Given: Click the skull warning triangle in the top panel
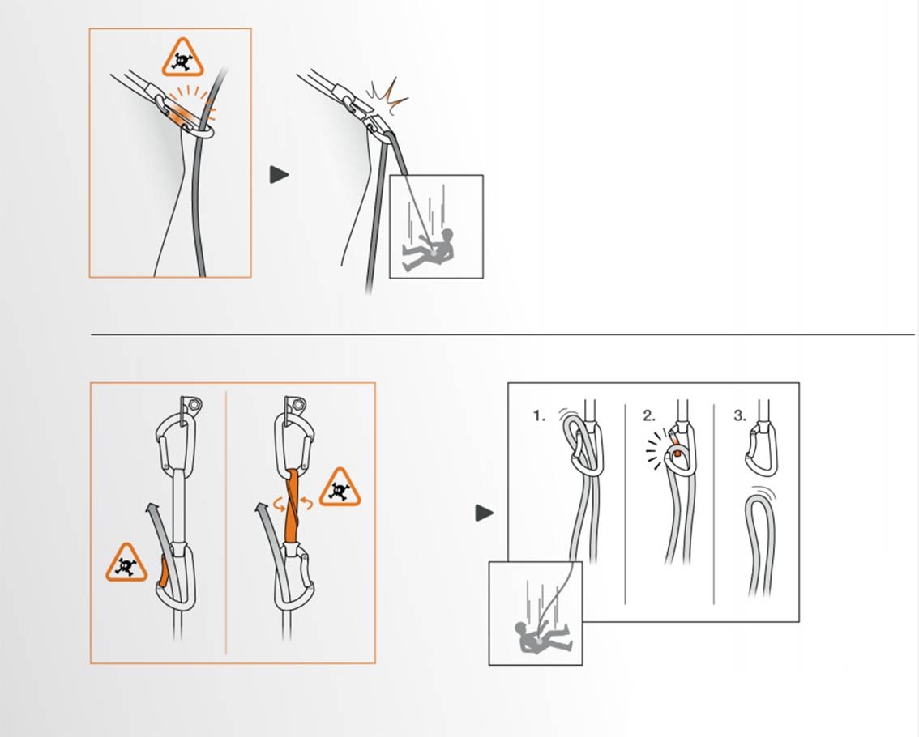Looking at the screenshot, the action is click(x=183, y=58).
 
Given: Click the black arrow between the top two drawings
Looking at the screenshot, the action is click(x=279, y=175).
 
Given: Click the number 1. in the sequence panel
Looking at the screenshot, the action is click(x=539, y=416).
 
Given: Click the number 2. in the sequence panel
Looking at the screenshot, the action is click(x=649, y=416).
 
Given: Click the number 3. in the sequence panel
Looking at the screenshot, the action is click(x=740, y=416).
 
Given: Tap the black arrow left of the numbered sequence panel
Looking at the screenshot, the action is click(x=484, y=513).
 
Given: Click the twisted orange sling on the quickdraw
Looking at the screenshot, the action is click(x=293, y=506).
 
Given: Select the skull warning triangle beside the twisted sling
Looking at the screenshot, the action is click(x=340, y=488).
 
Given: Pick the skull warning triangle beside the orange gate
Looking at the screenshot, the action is click(x=126, y=563).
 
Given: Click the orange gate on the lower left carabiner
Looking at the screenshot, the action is click(x=164, y=572).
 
